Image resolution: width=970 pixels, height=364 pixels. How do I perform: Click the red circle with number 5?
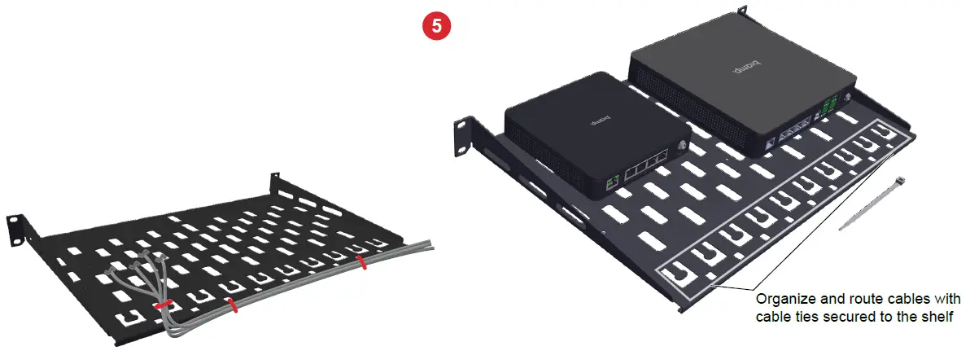tap(438, 25)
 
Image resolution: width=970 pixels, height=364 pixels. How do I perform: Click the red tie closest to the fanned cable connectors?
tap(164, 305)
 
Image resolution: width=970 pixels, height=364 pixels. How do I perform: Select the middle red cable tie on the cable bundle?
tap(232, 305)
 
